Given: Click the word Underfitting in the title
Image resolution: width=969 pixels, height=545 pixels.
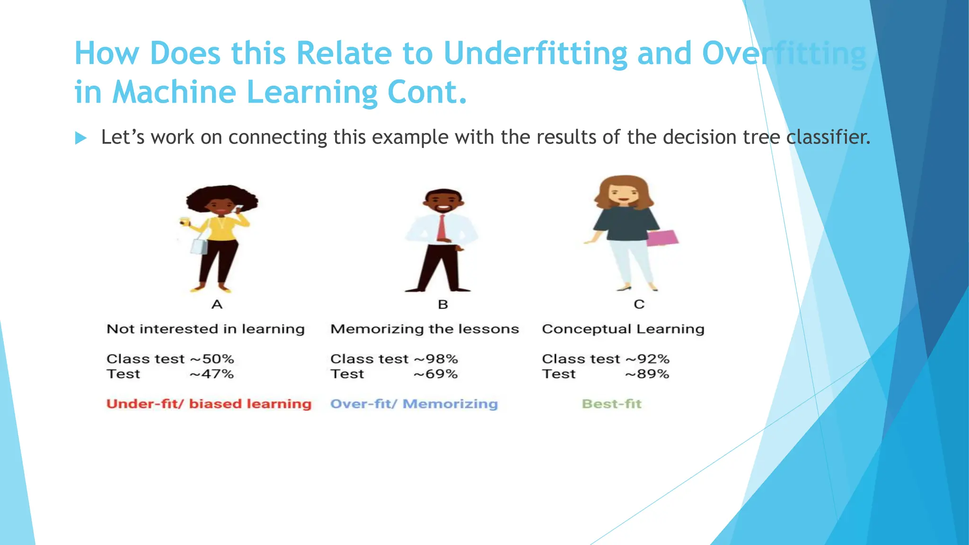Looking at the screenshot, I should click(x=535, y=53).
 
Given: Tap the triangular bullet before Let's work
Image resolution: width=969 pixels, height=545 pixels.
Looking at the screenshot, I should click(x=81, y=138).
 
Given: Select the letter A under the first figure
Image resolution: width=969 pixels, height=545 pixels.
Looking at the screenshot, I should click(x=217, y=304).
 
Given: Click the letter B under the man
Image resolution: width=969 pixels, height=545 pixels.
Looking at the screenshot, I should click(x=443, y=304).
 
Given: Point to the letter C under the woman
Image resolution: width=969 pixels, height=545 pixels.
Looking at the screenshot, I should click(x=639, y=304).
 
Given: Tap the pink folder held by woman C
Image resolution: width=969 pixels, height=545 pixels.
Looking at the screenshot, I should click(x=662, y=238).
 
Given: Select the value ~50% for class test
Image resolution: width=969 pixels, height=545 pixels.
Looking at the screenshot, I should click(x=212, y=359).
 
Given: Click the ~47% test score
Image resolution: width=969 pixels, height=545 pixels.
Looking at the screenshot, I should click(x=212, y=374).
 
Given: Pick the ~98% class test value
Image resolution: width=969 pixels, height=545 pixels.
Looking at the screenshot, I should click(x=436, y=359).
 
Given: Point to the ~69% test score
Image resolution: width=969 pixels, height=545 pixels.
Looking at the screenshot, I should click(x=436, y=374).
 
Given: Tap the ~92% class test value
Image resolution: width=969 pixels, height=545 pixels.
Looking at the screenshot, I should click(x=647, y=359).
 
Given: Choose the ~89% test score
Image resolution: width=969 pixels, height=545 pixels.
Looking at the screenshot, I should click(x=647, y=374).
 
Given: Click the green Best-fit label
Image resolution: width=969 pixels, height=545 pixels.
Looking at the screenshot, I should click(x=611, y=404).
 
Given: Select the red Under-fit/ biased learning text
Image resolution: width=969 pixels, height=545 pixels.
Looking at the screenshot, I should click(x=209, y=404).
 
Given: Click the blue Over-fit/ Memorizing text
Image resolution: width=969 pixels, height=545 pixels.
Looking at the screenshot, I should click(x=414, y=404).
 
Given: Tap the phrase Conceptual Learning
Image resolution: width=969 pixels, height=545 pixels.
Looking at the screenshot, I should click(x=623, y=329).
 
